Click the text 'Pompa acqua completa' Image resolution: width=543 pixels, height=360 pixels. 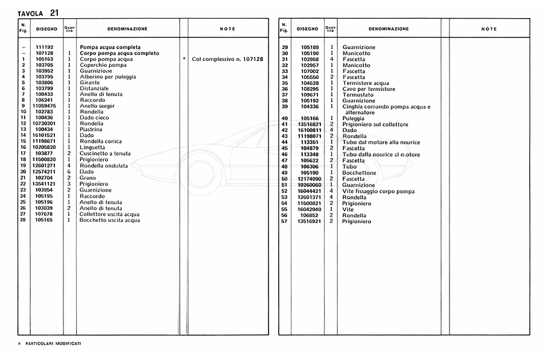pos(110,47)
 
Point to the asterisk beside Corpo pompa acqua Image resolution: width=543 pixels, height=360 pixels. pos(183,59)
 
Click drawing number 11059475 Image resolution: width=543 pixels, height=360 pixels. pos(45,106)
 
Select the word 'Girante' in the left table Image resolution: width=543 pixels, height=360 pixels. pos(90,83)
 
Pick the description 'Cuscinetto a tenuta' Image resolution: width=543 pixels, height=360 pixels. pos(105,153)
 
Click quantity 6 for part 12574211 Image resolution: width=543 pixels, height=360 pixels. pos(69,171)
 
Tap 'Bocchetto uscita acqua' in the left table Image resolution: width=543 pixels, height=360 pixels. pos(110,220)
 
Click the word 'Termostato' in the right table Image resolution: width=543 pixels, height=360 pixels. pos(358,95)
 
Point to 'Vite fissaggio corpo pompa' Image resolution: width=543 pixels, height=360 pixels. pos(378,191)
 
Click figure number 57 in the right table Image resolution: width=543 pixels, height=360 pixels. pos(284,221)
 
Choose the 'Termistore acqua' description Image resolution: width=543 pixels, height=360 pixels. pos(366,83)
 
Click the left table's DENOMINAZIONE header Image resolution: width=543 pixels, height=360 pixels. pos(127,28)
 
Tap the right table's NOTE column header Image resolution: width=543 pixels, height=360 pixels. pos(489,28)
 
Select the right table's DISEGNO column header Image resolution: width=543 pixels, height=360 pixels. pos(307,28)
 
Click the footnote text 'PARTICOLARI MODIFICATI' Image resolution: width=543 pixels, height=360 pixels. pos(53,343)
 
